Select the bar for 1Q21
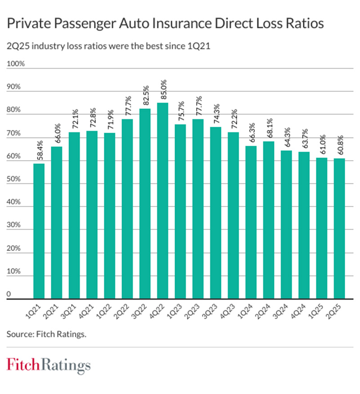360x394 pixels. click(39, 231)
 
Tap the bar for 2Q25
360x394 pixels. click(340, 228)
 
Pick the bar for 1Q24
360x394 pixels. click(251, 222)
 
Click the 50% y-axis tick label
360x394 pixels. click(13, 179)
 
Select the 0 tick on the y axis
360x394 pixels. click(9, 294)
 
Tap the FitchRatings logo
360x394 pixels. click(49, 365)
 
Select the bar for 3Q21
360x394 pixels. click(75, 215)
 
